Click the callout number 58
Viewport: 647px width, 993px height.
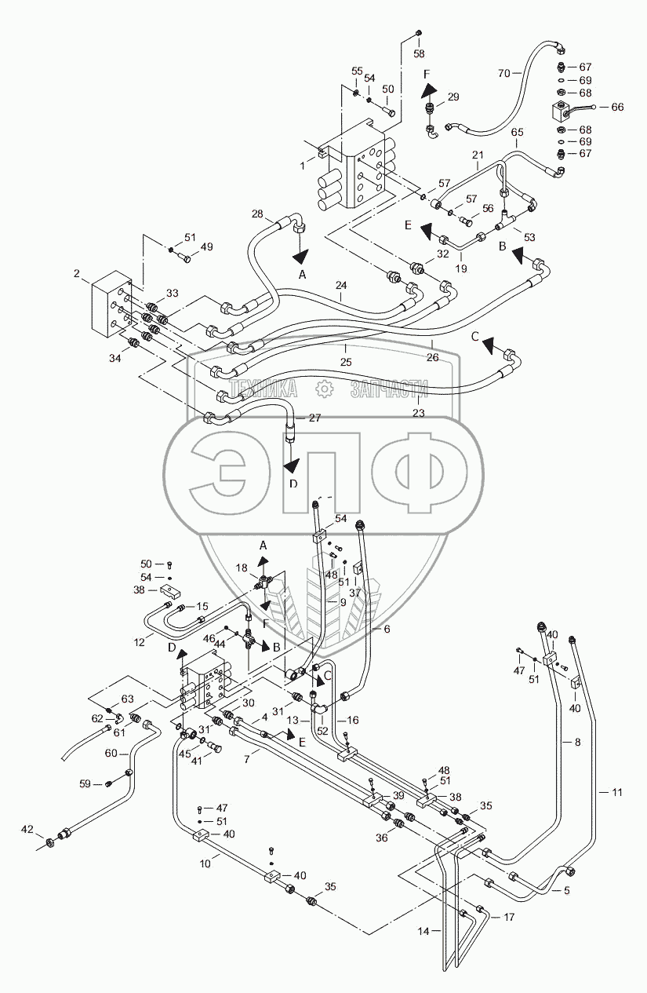(419, 53)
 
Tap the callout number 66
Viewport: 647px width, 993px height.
(617, 107)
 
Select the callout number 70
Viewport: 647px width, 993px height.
(504, 73)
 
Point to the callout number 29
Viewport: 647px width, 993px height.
(453, 97)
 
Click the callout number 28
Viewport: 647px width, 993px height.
(257, 214)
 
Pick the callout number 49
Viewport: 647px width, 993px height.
(207, 246)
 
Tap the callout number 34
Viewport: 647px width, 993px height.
(115, 358)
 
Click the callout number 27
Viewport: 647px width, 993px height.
(314, 418)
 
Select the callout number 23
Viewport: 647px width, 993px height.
(419, 413)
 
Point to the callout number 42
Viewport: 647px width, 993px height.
(27, 829)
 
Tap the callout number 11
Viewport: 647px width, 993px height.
(617, 792)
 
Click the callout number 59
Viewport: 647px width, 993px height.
(85, 784)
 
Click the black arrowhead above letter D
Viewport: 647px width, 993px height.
(292, 466)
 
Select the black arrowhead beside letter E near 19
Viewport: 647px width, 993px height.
(427, 232)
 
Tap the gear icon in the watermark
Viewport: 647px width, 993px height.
(325, 389)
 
